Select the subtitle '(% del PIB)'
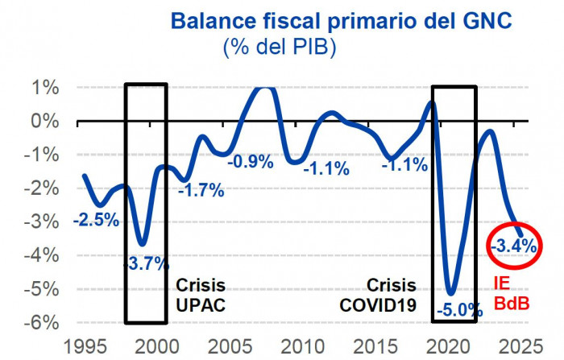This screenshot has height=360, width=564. (x=279, y=47)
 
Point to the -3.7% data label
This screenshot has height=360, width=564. (x=146, y=263)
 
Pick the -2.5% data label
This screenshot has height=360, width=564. (x=96, y=219)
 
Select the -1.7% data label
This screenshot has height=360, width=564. (x=200, y=190)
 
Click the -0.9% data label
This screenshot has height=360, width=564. (x=251, y=161)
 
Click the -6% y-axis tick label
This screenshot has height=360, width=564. (x=44, y=322)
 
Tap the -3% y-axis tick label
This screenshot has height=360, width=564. (x=44, y=221)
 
